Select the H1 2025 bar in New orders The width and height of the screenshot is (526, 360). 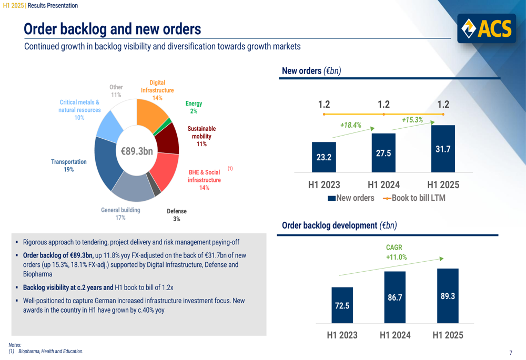tap(443, 149)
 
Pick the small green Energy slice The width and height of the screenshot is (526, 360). tap(168, 123)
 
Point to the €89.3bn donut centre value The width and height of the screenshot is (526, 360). tap(137, 151)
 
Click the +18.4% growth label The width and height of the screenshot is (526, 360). tap(350, 125)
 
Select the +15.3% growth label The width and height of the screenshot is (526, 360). tap(412, 120)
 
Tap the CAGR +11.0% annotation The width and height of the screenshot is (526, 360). tap(396, 252)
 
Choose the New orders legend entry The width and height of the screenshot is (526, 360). tap(351, 198)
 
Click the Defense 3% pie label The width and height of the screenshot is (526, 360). tap(177, 215)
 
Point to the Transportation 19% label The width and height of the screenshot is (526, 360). tap(69, 166)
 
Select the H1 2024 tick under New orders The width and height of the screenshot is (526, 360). tap(383, 184)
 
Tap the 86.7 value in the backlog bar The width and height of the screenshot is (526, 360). tap(395, 297)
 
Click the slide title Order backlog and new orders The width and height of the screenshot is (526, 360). tap(113, 28)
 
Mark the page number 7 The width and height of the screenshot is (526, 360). tap(511, 353)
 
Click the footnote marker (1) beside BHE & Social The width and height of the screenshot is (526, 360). tap(230, 168)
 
